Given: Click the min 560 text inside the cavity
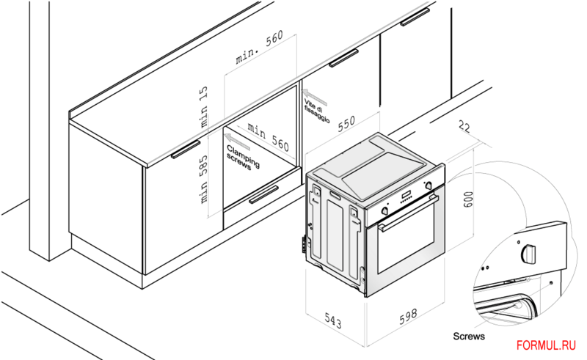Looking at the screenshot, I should [x=267, y=133].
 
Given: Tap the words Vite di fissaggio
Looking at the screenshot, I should [x=318, y=107].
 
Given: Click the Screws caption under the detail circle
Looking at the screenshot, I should [x=468, y=337].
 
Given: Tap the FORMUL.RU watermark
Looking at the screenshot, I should [x=546, y=345].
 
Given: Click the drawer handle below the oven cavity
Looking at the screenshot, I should [x=263, y=195].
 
